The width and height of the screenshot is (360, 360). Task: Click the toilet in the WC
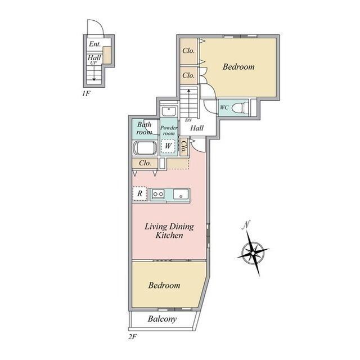click(240, 107)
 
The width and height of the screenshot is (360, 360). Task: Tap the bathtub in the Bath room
click(145, 147)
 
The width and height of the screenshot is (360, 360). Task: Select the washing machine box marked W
click(168, 146)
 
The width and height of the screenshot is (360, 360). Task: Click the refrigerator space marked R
click(139, 193)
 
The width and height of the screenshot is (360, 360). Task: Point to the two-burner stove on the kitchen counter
click(159, 194)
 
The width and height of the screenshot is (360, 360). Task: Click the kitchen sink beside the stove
click(181, 194)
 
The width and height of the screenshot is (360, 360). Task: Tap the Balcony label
click(163, 319)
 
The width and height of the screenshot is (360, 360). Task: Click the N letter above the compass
click(246, 225)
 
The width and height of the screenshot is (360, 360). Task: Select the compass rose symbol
click(253, 253)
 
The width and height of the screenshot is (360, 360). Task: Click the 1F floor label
click(86, 93)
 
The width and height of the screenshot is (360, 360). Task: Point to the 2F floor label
click(133, 337)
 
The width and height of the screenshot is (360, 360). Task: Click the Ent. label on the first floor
click(95, 44)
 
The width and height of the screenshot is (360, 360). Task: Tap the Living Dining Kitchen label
click(169, 231)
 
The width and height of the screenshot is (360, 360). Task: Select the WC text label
click(224, 107)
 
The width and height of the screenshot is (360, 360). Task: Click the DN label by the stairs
click(188, 120)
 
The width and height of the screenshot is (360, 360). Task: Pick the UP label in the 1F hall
click(93, 62)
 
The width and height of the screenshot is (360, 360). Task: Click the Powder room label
click(169, 130)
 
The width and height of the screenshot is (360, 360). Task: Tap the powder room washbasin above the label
click(169, 111)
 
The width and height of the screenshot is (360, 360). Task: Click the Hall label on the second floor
click(197, 128)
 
